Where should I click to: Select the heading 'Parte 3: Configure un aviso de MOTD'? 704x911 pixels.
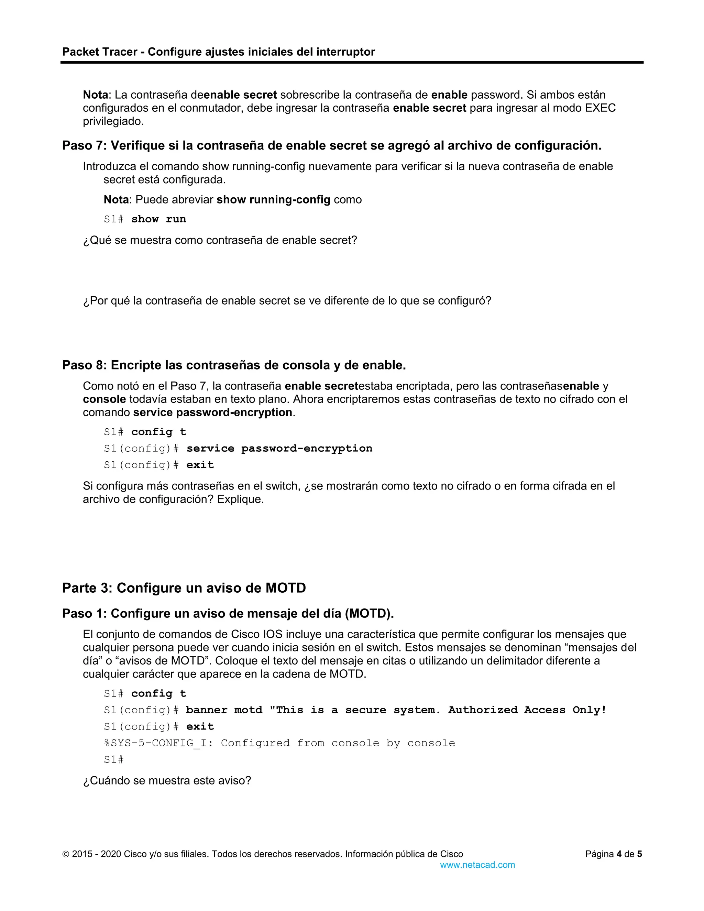tap(184, 588)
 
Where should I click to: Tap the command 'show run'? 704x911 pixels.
tap(158, 219)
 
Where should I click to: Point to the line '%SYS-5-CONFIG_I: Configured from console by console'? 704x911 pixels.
tap(279, 743)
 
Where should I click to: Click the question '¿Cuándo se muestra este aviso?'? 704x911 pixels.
tap(167, 780)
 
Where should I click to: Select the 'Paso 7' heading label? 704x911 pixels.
tap(84, 145)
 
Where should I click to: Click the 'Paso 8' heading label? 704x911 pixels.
tap(84, 365)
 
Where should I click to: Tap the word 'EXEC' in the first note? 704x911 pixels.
tap(600, 108)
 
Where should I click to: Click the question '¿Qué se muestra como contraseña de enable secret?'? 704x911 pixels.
tap(220, 240)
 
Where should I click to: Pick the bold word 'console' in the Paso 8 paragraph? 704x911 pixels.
tap(104, 399)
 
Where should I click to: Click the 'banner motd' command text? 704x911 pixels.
tap(224, 710)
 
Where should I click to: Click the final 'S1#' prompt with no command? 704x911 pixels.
tap(113, 760)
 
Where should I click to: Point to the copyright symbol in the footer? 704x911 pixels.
tap(66, 854)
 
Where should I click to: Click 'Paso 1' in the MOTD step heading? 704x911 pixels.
tap(84, 614)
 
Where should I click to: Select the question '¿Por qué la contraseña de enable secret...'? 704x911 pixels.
tap(287, 301)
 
